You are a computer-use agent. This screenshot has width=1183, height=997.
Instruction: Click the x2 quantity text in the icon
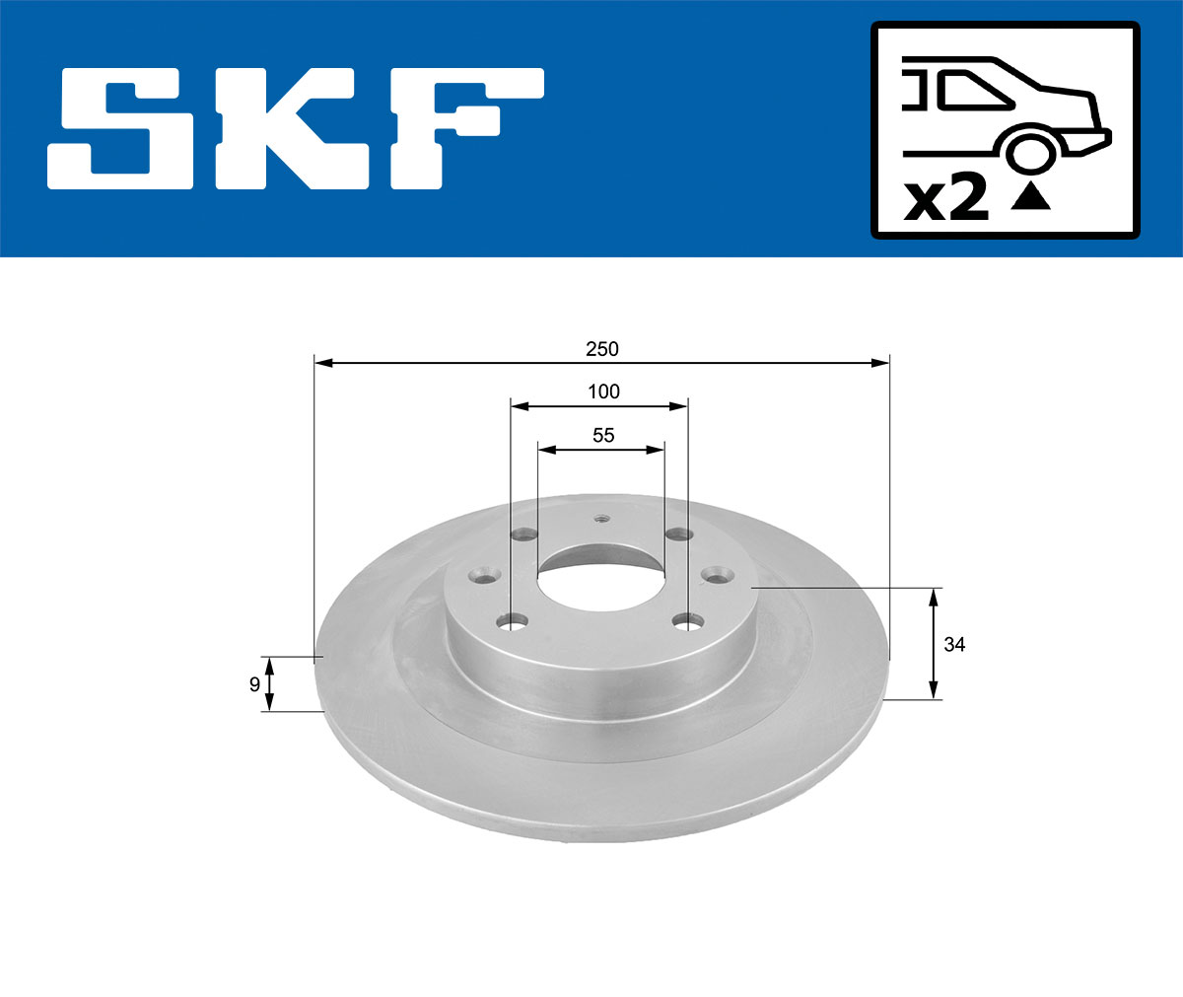[946, 200]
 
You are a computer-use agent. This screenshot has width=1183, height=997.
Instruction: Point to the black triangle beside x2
[1031, 197]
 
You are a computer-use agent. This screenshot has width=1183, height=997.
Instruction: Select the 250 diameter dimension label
[601, 349]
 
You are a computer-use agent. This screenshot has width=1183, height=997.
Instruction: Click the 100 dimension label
[603, 392]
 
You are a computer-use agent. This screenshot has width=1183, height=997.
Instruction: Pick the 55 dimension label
[603, 435]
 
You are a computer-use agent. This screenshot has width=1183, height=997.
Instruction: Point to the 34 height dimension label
[954, 645]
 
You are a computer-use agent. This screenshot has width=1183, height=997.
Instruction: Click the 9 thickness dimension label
[254, 683]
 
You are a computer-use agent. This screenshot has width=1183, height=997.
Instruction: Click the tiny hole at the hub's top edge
[602, 518]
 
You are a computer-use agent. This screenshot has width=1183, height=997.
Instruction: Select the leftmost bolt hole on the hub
[482, 574]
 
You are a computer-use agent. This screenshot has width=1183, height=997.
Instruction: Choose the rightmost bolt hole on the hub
[715, 574]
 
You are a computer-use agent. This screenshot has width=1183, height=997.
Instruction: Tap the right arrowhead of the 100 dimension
[679, 405]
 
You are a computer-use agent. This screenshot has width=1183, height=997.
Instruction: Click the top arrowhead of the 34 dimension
[934, 595]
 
